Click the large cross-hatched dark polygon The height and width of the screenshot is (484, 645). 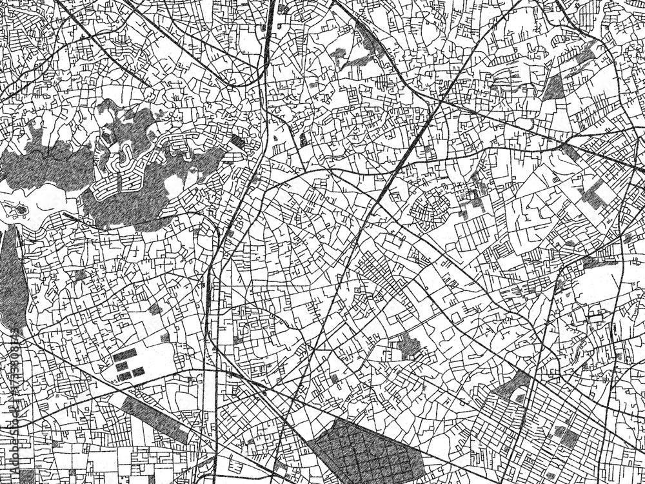click(364, 452)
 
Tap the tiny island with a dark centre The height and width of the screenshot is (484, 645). click(21, 209)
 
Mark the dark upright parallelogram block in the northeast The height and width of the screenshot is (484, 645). click(553, 87)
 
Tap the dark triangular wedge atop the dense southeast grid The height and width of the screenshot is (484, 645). click(513, 387)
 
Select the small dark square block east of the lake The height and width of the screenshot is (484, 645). click(238, 141)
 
